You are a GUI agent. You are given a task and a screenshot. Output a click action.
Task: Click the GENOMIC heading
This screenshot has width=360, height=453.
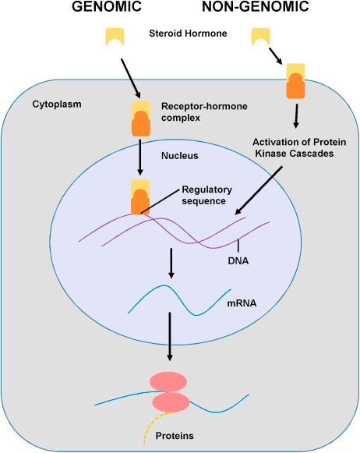[107, 6]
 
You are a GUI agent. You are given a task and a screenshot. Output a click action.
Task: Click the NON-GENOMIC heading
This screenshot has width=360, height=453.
[256, 6]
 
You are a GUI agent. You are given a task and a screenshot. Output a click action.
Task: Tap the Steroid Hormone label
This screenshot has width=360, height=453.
[188, 34]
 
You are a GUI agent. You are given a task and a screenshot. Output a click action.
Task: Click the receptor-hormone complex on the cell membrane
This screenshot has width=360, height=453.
[295, 81]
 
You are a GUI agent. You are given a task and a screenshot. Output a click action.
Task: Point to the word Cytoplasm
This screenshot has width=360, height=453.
[57, 104]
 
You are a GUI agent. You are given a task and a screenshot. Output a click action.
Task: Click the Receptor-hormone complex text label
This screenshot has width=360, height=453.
[204, 112]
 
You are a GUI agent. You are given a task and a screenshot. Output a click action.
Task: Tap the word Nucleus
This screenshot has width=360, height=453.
[179, 156]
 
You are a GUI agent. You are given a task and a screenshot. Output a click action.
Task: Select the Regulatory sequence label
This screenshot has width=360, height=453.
[206, 195]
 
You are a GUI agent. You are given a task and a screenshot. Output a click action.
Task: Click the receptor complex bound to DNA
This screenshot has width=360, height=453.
[140, 197]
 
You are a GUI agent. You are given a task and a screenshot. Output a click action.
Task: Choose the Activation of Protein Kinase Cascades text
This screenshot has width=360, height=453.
[299, 147]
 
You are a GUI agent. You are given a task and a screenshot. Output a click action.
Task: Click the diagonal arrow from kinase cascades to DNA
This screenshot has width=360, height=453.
[259, 190]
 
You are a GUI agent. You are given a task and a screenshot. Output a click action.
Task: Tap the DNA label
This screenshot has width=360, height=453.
[238, 261]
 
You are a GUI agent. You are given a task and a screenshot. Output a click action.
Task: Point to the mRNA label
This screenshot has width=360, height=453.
[242, 303]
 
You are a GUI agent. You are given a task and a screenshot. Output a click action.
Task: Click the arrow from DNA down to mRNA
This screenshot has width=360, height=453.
[171, 263]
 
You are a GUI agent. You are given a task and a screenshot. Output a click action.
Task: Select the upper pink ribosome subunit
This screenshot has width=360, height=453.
[168, 382]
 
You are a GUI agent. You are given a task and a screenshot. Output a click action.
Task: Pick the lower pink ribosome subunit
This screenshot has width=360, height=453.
[171, 402]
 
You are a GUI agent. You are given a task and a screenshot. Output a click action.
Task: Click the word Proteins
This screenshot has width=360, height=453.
[175, 436]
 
